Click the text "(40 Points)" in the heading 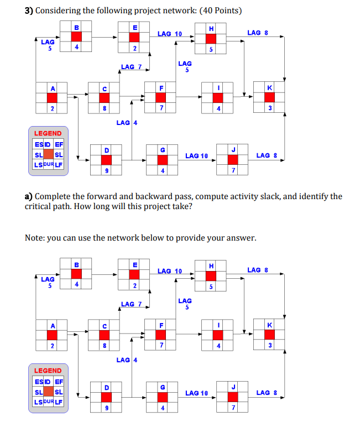point(219,11)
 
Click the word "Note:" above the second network point(35,238)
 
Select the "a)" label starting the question point(29,196)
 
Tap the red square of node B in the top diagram point(76,37)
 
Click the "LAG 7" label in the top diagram point(131,67)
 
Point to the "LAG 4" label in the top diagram point(127,122)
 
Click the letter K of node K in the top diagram point(269,88)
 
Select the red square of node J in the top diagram point(233,159)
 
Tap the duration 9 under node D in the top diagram point(106,170)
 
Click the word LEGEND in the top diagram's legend point(48,133)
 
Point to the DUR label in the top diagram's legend point(48,164)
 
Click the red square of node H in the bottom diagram point(211,275)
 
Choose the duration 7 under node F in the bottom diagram point(161,346)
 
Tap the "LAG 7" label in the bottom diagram point(131,304)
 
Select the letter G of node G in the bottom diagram point(162,387)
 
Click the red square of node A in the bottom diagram point(53,335)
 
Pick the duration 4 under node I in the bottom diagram point(219,346)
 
